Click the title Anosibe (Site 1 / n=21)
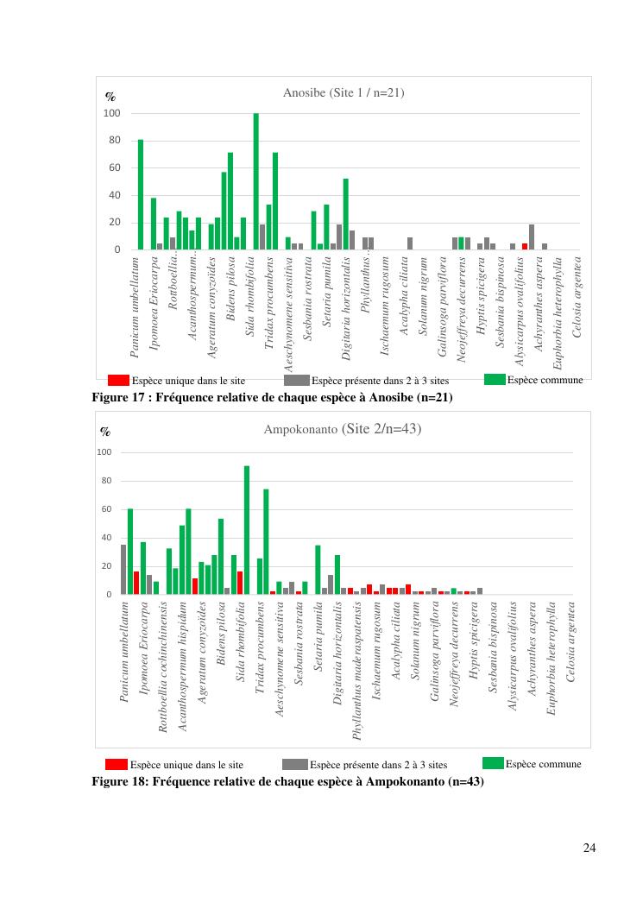344,92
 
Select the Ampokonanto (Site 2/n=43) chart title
343,428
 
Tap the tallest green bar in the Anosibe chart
255,181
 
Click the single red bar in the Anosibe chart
525,247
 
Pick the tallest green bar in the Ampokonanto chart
247,530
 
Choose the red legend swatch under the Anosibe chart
118,380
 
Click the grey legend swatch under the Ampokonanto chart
294,764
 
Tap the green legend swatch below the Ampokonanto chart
494,763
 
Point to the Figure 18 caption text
287,781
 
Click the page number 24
589,847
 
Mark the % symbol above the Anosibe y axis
110,97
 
